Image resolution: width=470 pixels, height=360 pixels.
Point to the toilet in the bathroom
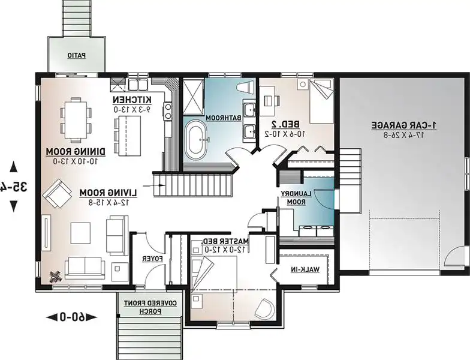click(245, 88)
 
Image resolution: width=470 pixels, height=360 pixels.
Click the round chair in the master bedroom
click(264, 308)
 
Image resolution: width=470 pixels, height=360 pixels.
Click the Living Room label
click(109, 197)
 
